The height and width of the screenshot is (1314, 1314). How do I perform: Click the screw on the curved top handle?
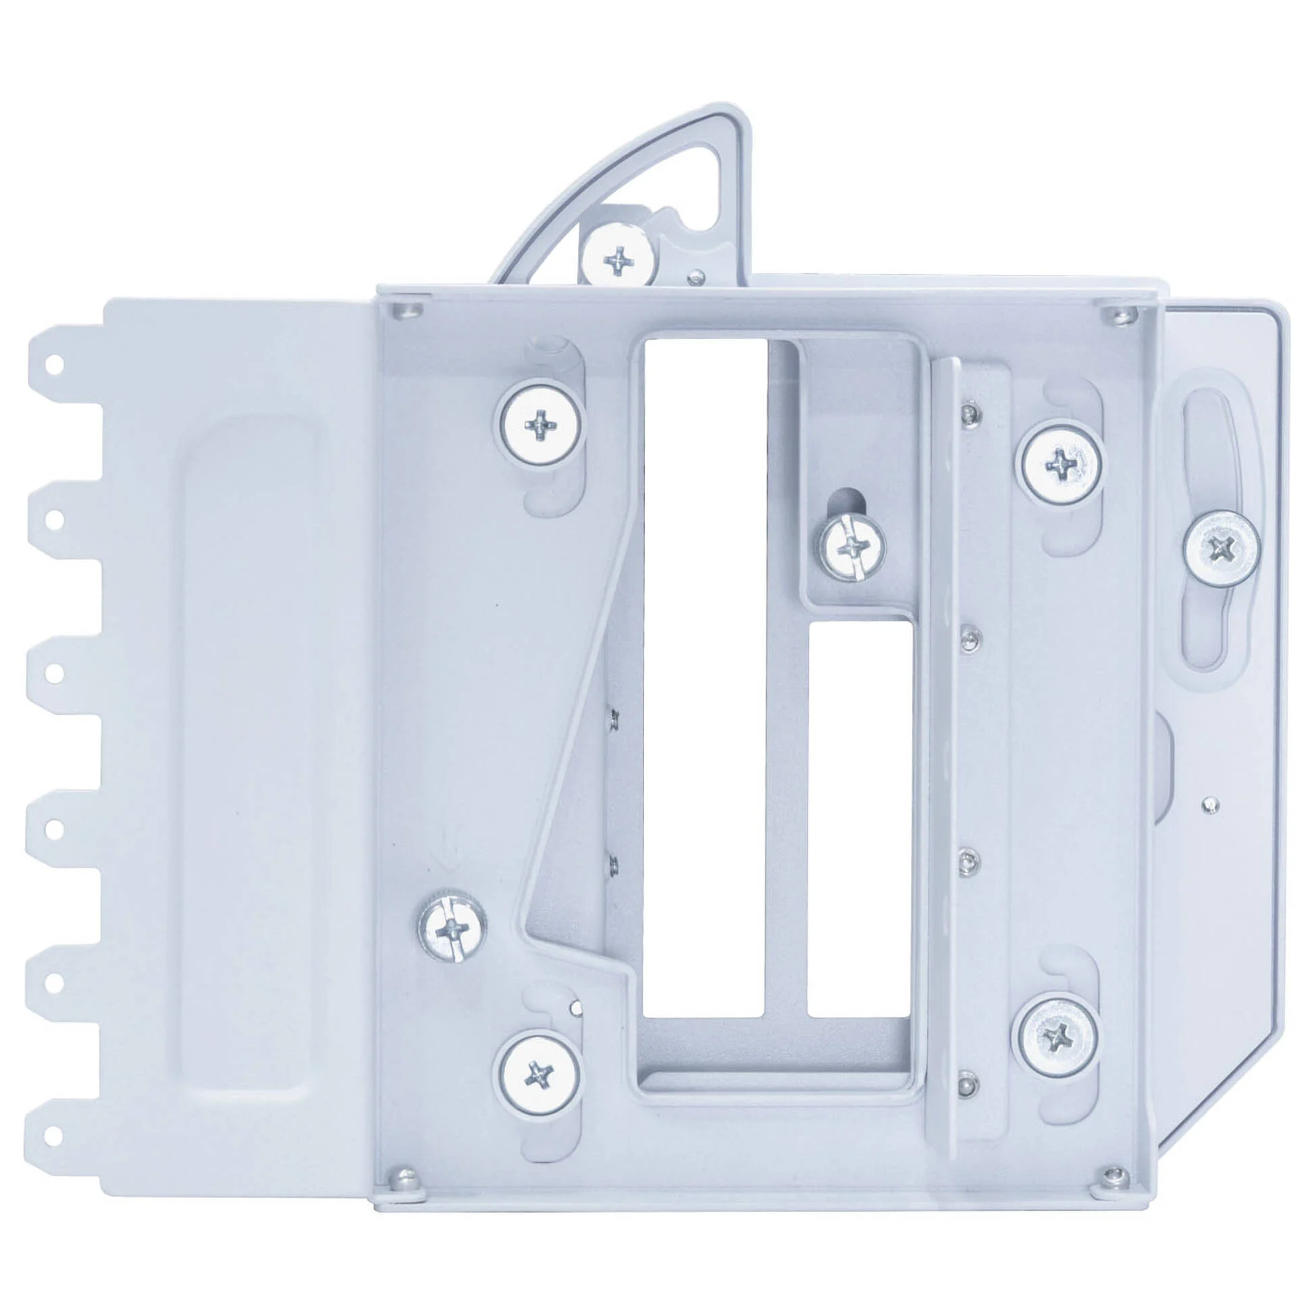619,259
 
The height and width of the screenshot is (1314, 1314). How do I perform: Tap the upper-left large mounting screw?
542,427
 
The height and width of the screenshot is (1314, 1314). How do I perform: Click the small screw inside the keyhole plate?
853,546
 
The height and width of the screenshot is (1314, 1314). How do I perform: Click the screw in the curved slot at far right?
1221,547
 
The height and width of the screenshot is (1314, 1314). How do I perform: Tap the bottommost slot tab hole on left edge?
56,1134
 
